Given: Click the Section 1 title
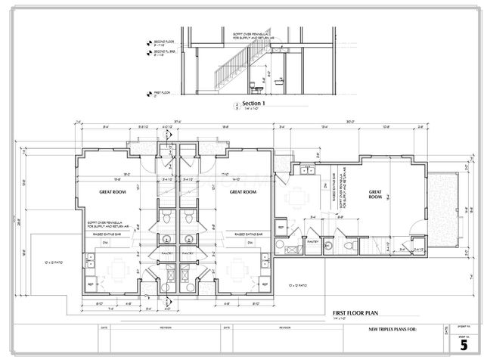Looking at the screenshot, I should coord(253,103).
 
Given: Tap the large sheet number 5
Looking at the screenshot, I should coord(463,343).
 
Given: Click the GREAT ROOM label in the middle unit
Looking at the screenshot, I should coord(241,192).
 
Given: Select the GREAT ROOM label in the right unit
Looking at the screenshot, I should coord(375,193).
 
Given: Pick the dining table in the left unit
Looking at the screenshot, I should coord(118,268).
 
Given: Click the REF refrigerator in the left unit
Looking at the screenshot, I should coord(92,285).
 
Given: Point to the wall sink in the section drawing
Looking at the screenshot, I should coord(279,79).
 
